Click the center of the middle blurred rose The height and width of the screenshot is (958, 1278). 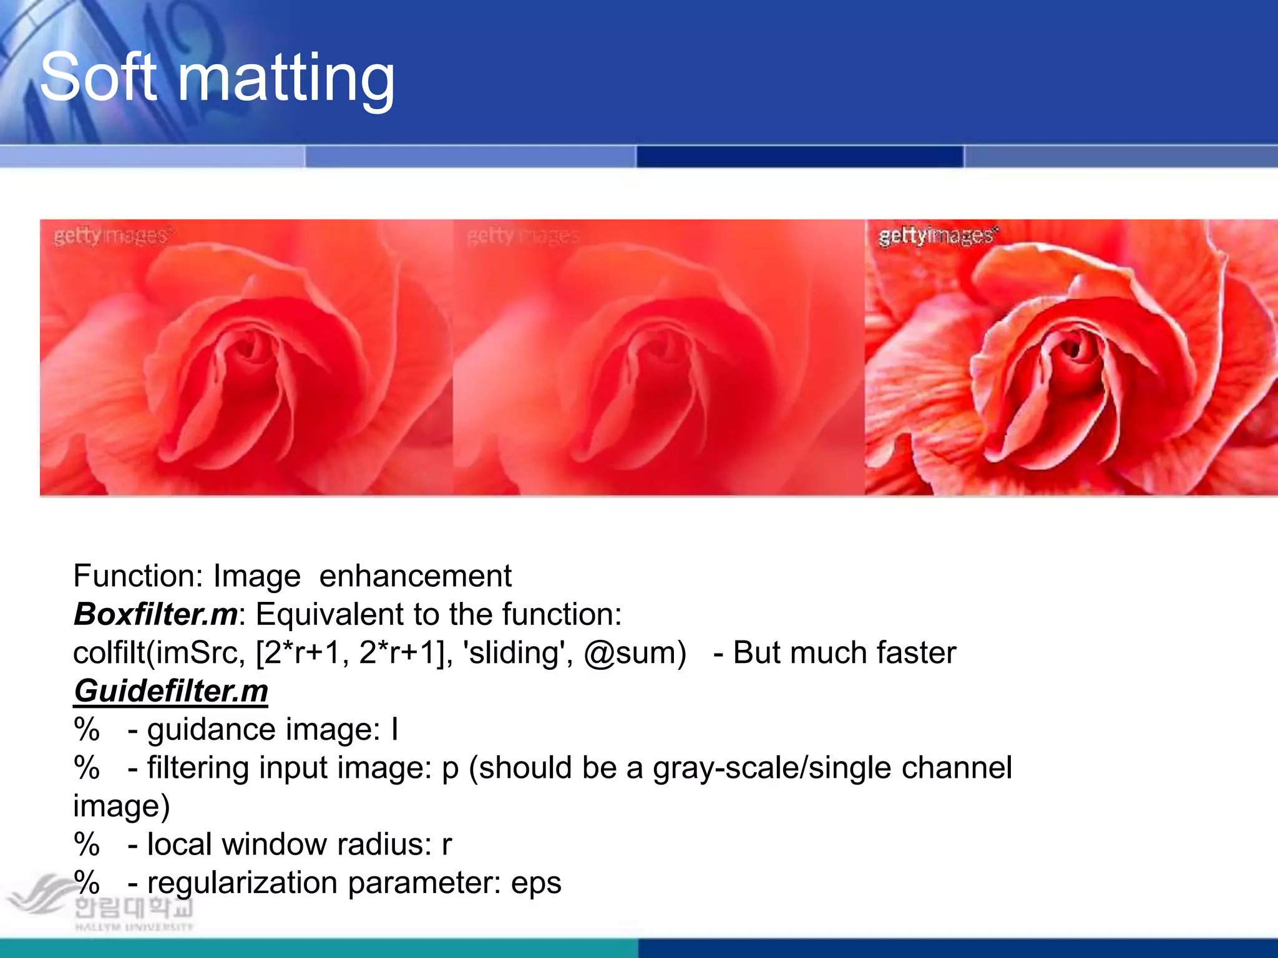coord(655,362)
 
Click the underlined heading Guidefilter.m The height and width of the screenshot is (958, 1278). coord(170,691)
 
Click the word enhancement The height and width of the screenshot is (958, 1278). coord(415,576)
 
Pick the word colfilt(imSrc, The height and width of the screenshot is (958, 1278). coord(159,653)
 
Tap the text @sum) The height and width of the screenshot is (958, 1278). coord(635,653)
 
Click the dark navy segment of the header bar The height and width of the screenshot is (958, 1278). coord(799,156)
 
